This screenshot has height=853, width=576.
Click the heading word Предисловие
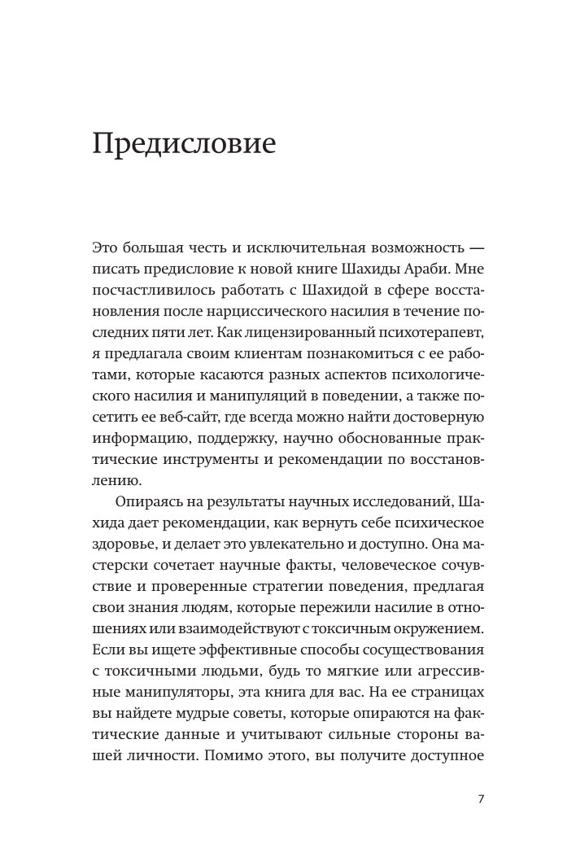(185, 144)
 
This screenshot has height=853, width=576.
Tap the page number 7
(481, 798)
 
